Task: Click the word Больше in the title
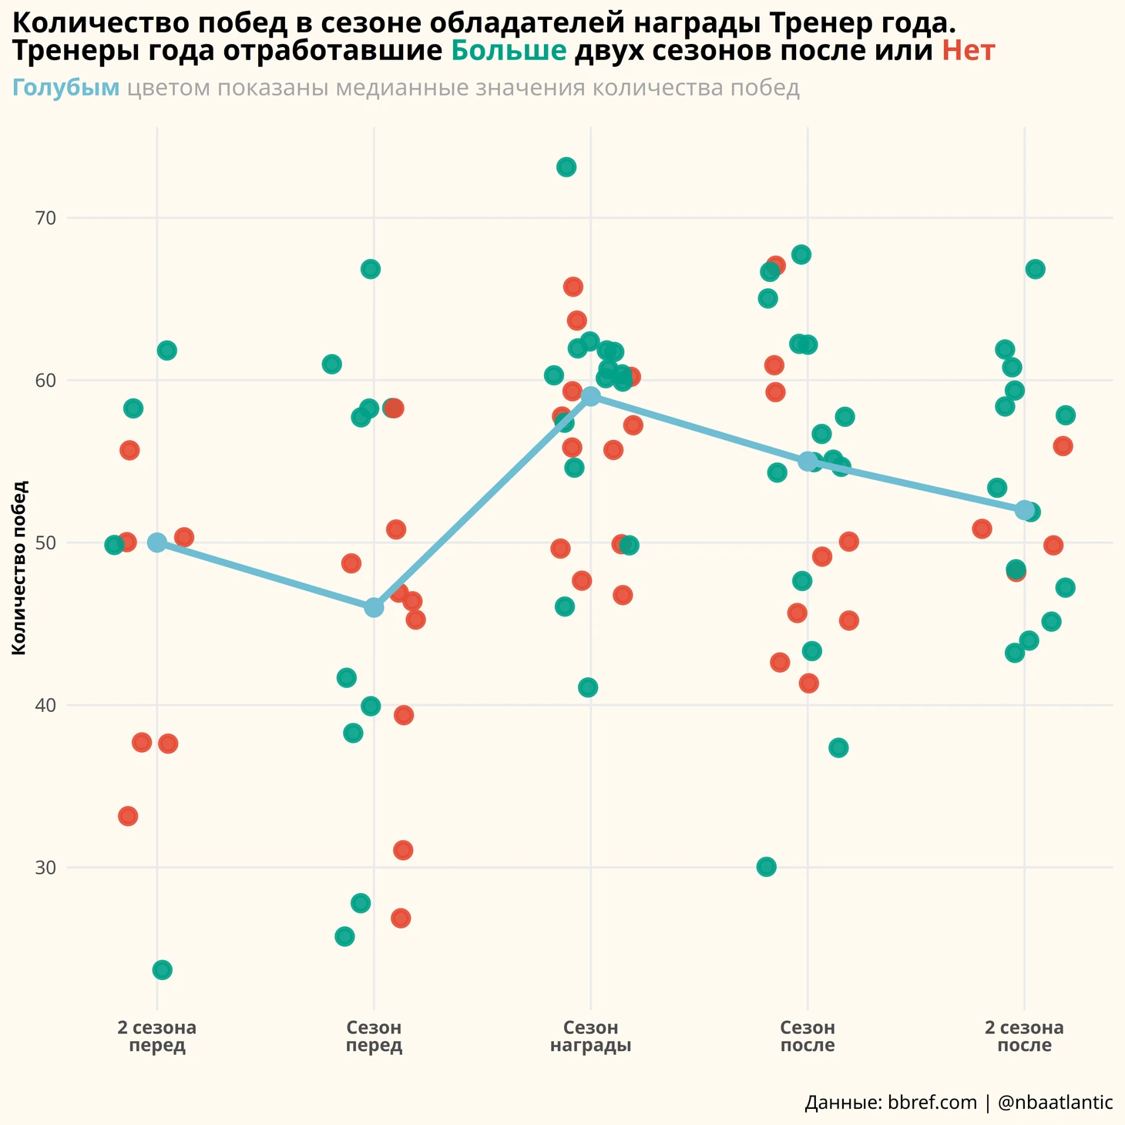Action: point(509,52)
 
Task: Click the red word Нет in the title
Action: point(969,52)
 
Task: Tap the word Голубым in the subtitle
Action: point(66,88)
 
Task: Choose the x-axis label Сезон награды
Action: point(591,1036)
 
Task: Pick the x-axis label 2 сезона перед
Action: point(157,1036)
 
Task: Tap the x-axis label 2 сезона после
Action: point(1024,1036)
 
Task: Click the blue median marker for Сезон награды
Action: point(591,397)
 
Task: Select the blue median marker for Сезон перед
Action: point(374,608)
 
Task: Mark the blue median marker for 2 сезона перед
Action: point(157,542)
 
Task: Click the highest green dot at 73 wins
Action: point(566,167)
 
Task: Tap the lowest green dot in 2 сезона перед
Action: point(162,969)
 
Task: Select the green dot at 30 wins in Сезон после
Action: point(766,867)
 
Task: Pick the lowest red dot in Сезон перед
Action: point(401,918)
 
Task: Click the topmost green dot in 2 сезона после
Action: point(1035,269)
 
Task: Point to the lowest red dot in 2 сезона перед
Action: point(128,816)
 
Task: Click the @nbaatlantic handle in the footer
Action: point(1055,1103)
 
